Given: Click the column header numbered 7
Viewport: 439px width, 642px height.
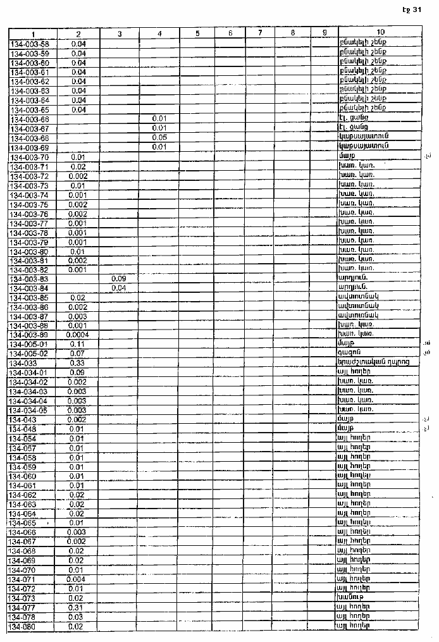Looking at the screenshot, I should [260, 33].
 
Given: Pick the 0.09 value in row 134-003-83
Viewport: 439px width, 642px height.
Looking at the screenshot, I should [119, 278].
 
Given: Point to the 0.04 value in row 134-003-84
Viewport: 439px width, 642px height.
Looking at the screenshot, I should [119, 288].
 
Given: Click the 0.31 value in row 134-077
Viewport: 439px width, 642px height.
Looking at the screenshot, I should [77, 607].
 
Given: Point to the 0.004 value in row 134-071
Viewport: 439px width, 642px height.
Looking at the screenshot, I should [77, 579].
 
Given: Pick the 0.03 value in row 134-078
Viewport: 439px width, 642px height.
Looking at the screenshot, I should [77, 617].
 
